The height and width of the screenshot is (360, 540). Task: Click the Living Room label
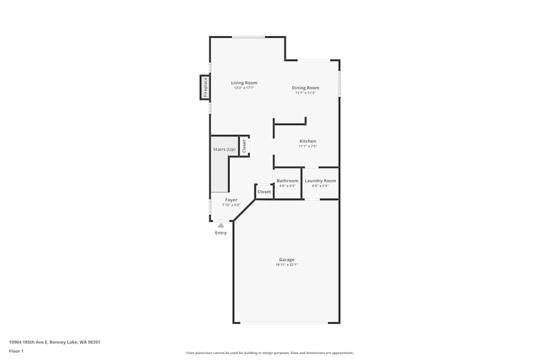(244, 83)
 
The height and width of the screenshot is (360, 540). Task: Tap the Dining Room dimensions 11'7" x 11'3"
(305, 93)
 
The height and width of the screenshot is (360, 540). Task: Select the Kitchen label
(308, 141)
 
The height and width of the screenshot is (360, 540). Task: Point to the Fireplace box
(205, 87)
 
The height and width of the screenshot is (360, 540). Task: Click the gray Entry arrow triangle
(221, 225)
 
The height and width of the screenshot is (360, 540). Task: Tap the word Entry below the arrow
(221, 233)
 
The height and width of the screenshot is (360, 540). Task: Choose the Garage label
(287, 260)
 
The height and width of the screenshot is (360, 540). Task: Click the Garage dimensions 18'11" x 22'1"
(287, 265)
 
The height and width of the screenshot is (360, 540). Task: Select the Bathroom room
(287, 183)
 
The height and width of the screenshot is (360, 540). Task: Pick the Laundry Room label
(320, 181)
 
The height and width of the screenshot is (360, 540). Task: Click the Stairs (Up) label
(224, 149)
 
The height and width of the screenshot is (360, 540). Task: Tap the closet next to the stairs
(244, 146)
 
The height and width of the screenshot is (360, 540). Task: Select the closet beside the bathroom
(264, 192)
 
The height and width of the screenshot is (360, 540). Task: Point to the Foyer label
(231, 200)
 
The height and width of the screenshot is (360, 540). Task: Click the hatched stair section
(219, 175)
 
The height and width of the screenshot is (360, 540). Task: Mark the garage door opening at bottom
(284, 323)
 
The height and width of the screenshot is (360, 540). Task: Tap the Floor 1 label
(16, 351)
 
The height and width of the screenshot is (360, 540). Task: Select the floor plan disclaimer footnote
(269, 353)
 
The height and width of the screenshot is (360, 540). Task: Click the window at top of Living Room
(248, 37)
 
